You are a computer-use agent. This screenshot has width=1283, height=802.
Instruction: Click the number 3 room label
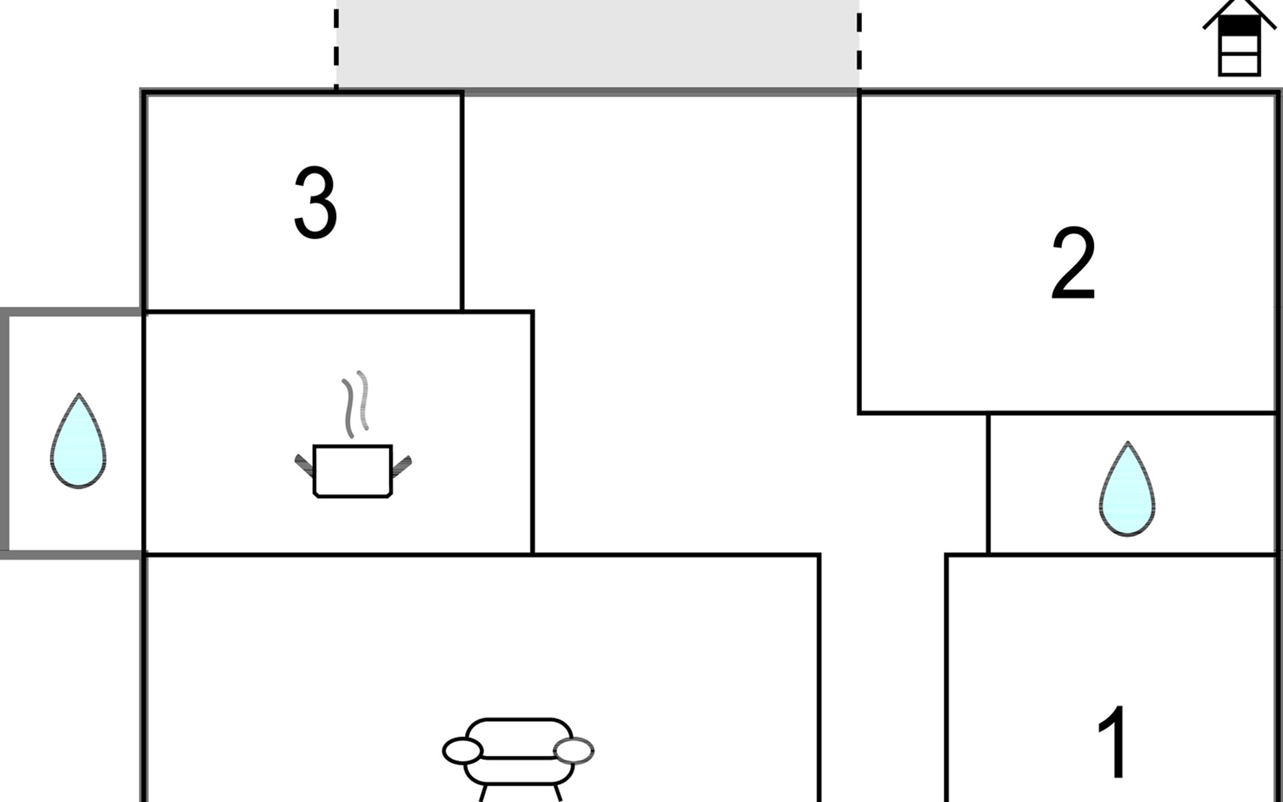coord(315,203)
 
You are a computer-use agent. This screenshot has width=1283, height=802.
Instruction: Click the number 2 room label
coord(1073,263)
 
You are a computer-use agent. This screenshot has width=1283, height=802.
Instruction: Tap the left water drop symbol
coord(78,441)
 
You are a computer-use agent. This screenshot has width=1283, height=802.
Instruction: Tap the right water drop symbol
coord(1127,489)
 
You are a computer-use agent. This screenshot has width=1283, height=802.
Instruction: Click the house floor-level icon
coord(1239,38)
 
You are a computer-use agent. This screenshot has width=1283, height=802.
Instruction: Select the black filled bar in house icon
coord(1239,25)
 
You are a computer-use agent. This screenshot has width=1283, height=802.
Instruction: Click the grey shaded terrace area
coord(597,44)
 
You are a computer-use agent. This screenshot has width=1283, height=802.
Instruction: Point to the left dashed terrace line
coord(336,44)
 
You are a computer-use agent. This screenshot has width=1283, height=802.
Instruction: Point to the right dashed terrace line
coord(859,44)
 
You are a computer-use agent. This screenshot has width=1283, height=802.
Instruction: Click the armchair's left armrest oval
coord(462,751)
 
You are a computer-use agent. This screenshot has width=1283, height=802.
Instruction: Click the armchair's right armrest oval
coord(574,751)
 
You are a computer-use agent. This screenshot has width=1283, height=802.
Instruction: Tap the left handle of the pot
coord(305,465)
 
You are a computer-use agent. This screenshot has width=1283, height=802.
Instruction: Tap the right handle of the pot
coord(401,466)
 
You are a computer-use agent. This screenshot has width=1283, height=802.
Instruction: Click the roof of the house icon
coord(1239,13)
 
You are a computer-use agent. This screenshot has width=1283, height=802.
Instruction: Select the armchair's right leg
coord(556,793)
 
